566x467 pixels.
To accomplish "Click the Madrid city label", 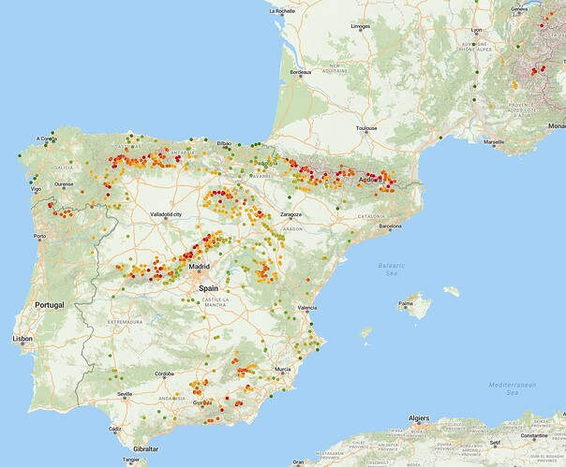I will [x=199, y=267].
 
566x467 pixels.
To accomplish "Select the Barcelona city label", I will [x=390, y=226].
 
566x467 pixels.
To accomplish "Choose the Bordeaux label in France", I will [x=300, y=72].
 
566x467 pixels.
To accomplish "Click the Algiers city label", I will [x=417, y=418].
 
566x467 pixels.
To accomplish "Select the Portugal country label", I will [x=49, y=306].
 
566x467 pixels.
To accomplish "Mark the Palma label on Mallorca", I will [x=406, y=303].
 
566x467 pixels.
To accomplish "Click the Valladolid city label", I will [x=171, y=214].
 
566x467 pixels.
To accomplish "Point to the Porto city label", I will [x=39, y=236].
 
